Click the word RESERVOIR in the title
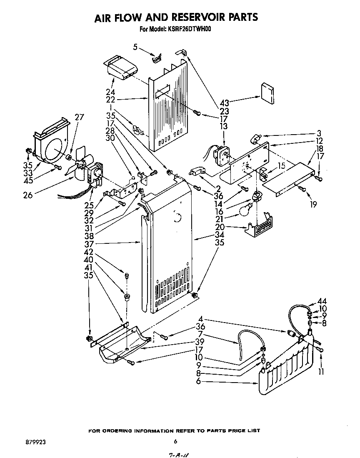[192, 17]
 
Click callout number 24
[110, 92]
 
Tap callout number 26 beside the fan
[27, 194]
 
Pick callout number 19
[313, 204]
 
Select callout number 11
[321, 371]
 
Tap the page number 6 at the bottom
[175, 441]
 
